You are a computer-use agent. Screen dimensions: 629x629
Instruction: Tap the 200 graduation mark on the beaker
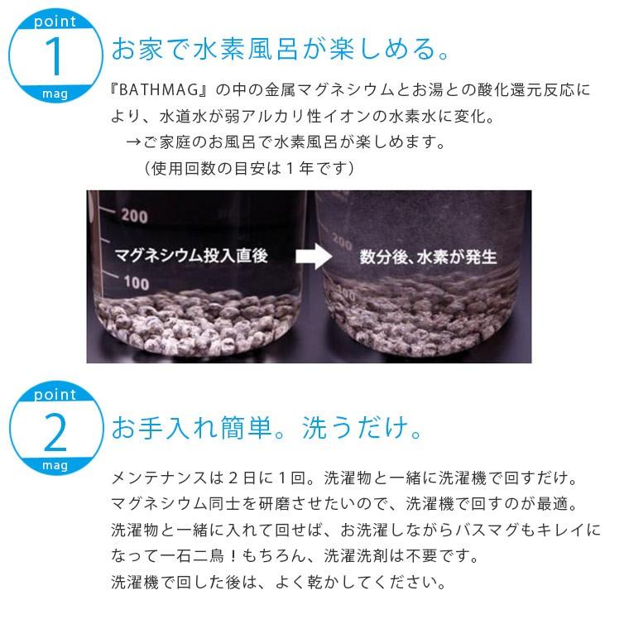pos(133,217)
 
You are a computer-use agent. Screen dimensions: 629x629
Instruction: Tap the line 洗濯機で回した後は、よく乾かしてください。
pos(278,581)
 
